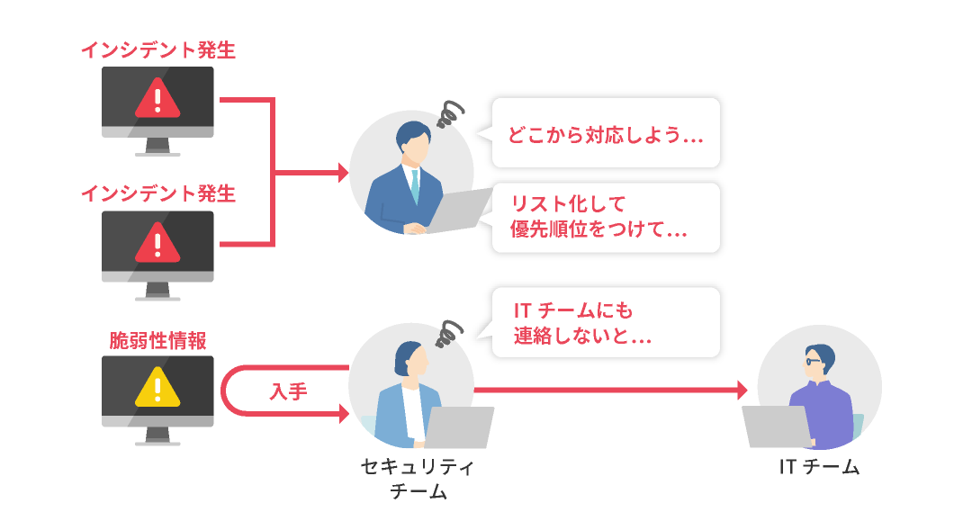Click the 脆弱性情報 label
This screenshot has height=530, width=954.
pos(157,341)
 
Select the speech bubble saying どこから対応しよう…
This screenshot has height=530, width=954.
pos(605,134)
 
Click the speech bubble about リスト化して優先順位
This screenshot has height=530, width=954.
pos(605,217)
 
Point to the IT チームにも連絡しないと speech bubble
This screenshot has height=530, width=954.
pos(605,323)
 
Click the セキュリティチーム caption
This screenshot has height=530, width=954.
pos(417,479)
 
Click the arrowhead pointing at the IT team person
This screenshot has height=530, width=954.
pos(742,390)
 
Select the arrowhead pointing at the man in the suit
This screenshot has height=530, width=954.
pos(342,173)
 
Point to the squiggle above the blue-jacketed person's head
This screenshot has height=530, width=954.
pos(447,333)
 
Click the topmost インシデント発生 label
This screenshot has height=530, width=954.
pos(157,50)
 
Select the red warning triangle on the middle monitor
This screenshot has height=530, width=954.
pos(157,242)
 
